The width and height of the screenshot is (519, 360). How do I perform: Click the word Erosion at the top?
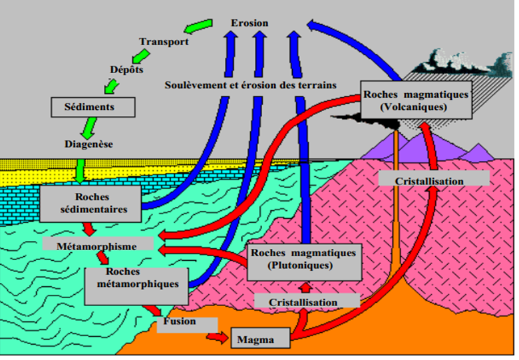pyautogui.click(x=250, y=23)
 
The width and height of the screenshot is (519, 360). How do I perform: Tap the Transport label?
pyautogui.click(x=164, y=42)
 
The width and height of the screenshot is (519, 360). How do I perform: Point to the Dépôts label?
pyautogui.click(x=126, y=69)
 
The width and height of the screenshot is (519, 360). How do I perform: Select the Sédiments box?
pyautogui.click(x=93, y=106)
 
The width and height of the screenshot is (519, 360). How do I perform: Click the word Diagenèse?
pyautogui.click(x=89, y=144)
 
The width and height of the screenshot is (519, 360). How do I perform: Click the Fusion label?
pyautogui.click(x=180, y=322)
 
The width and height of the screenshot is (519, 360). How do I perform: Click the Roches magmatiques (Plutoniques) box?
pyautogui.click(x=303, y=260)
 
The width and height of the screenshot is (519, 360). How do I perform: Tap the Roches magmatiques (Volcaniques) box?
pyautogui.click(x=416, y=100)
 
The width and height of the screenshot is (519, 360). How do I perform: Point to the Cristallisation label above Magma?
pyautogui.click(x=303, y=302)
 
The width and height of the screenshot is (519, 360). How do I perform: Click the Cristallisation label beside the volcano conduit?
pyautogui.click(x=430, y=181)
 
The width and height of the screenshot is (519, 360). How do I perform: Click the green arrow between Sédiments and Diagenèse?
pyautogui.click(x=86, y=126)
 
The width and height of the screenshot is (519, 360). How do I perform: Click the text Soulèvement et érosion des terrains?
pyautogui.click(x=250, y=85)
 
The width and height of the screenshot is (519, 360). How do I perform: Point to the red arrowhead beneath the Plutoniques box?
pyautogui.click(x=305, y=287)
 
